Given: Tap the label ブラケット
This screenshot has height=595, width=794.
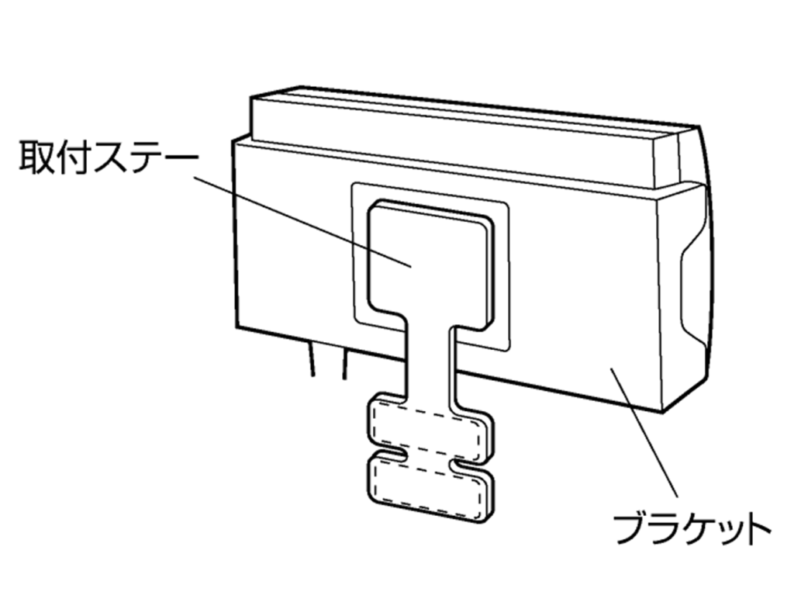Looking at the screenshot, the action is click(x=692, y=529).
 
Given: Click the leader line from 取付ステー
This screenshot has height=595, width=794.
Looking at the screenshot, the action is click(x=302, y=221).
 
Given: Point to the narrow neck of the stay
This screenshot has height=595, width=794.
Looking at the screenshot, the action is click(x=429, y=360).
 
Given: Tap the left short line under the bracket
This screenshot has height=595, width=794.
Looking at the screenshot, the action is click(x=310, y=359).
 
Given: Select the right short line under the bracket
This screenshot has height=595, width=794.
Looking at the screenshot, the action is click(x=345, y=363).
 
